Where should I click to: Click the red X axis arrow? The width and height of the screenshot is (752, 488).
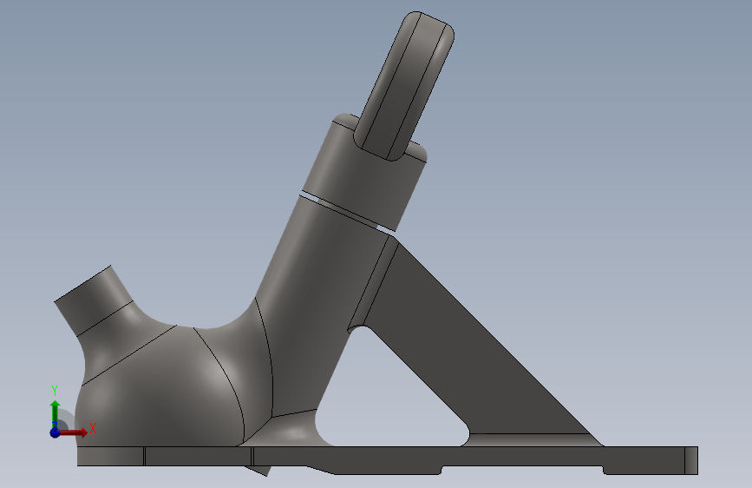72,432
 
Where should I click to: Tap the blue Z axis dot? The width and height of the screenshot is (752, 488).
55,432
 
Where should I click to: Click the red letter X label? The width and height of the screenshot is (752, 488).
93,428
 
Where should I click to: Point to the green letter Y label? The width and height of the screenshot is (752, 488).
55,391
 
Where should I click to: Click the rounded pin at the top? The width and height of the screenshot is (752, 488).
404,85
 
